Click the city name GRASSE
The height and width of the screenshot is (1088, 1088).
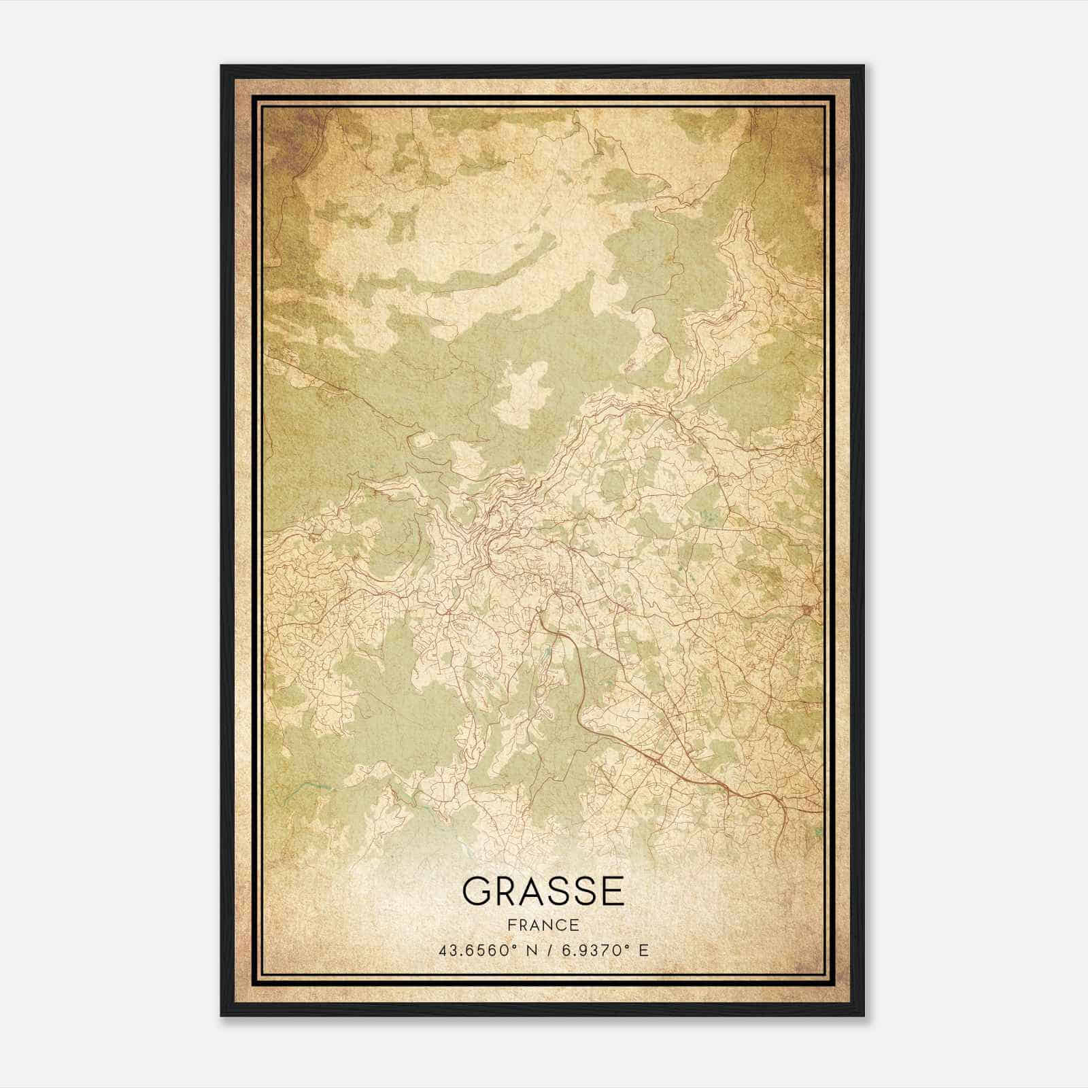click(543, 891)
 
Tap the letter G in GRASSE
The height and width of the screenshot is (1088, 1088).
click(477, 891)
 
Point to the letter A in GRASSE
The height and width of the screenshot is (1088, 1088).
click(535, 891)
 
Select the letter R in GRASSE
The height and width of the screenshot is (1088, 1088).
click(507, 891)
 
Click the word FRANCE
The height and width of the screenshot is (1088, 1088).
click(543, 925)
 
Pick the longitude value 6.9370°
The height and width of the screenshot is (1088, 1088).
click(589, 950)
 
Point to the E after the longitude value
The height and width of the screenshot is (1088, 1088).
click(643, 950)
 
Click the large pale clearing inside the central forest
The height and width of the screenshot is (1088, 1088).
click(521, 394)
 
